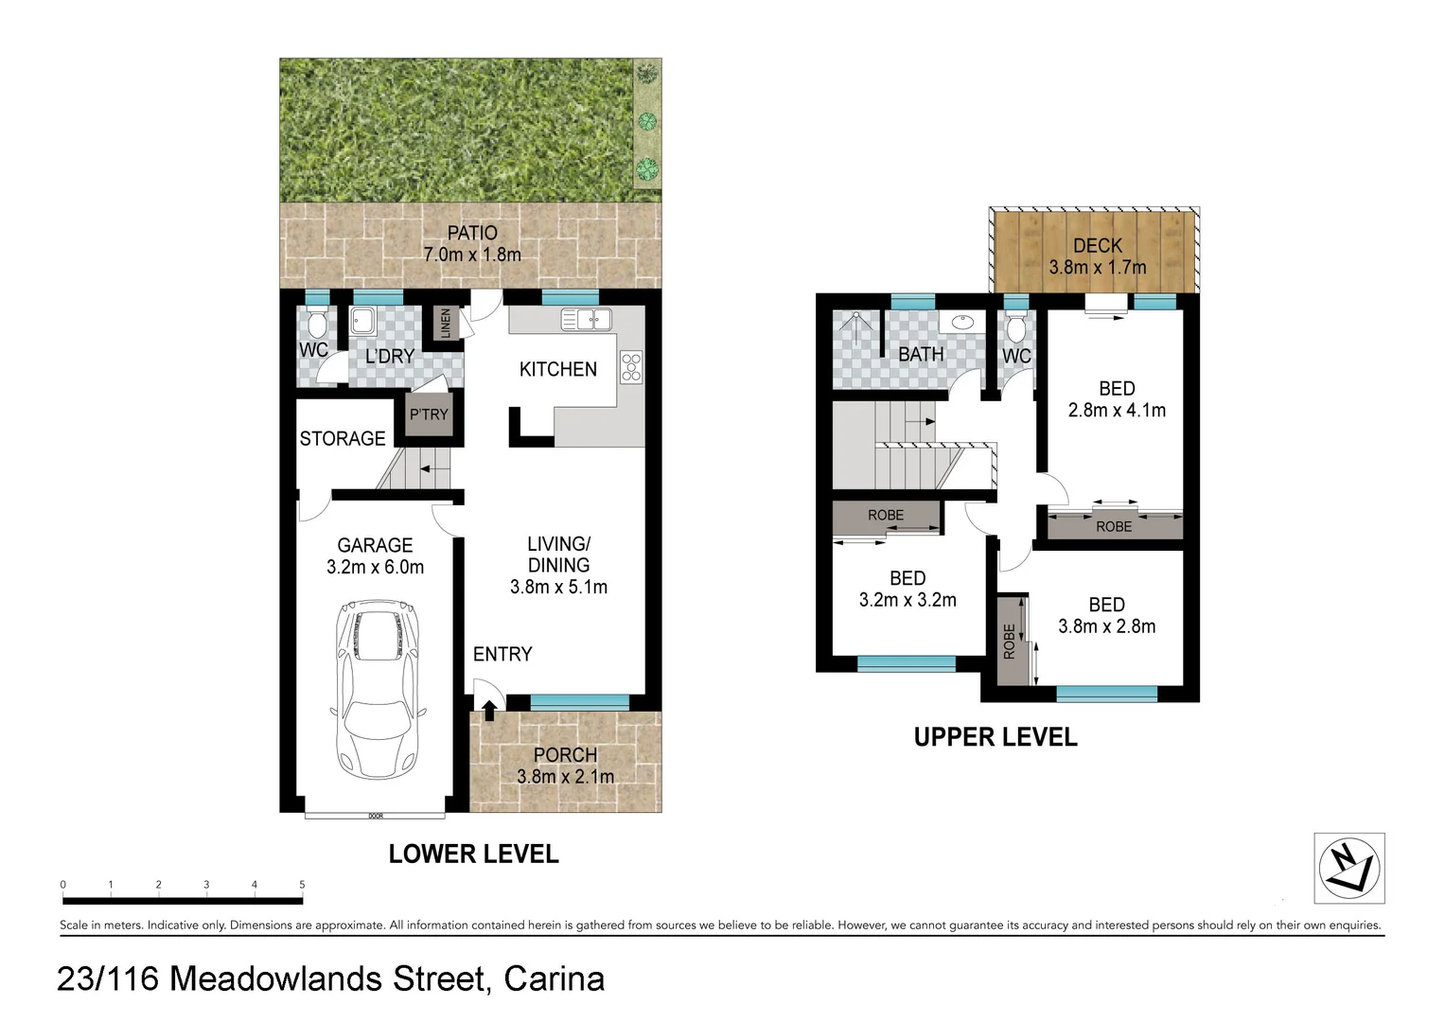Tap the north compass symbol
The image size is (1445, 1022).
tap(1348, 868)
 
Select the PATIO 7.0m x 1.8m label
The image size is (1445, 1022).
tap(472, 243)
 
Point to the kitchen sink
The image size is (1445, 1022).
tap(587, 320)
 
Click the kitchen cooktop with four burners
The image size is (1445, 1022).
tap(631, 367)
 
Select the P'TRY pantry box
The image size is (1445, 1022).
tap(429, 414)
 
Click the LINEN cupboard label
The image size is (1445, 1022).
tap(447, 323)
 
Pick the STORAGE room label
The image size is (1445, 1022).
tap(343, 438)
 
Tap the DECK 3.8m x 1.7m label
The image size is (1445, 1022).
tap(1097, 256)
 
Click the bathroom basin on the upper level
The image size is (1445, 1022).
tap(962, 321)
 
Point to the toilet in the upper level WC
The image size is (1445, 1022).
tap(1016, 327)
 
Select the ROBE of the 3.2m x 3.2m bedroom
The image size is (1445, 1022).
tap(886, 516)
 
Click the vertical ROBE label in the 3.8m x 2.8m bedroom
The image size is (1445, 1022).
tap(1010, 641)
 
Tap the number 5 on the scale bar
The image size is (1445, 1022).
tap(302, 885)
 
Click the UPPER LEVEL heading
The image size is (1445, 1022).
tap(995, 737)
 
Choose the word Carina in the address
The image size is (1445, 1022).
tap(554, 978)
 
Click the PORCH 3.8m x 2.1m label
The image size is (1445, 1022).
tap(565, 766)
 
